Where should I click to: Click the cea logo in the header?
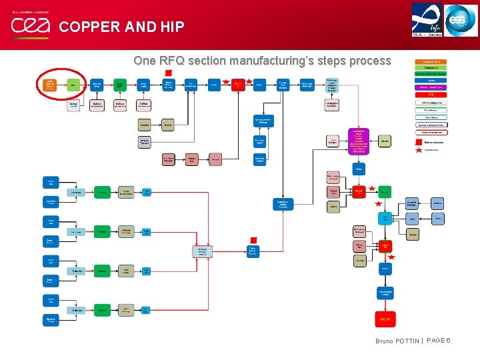30,25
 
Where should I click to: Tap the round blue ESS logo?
461,20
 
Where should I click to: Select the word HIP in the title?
171,27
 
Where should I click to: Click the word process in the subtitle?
369,61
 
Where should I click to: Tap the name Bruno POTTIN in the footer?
397,341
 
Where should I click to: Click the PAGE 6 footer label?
439,341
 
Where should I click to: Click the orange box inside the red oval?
49,85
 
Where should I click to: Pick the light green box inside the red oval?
72,85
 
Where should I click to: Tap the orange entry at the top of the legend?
432,61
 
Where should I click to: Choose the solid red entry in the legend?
432,94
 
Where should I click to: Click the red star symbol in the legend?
419,150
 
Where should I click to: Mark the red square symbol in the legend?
419,142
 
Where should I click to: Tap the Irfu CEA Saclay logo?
427,19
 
